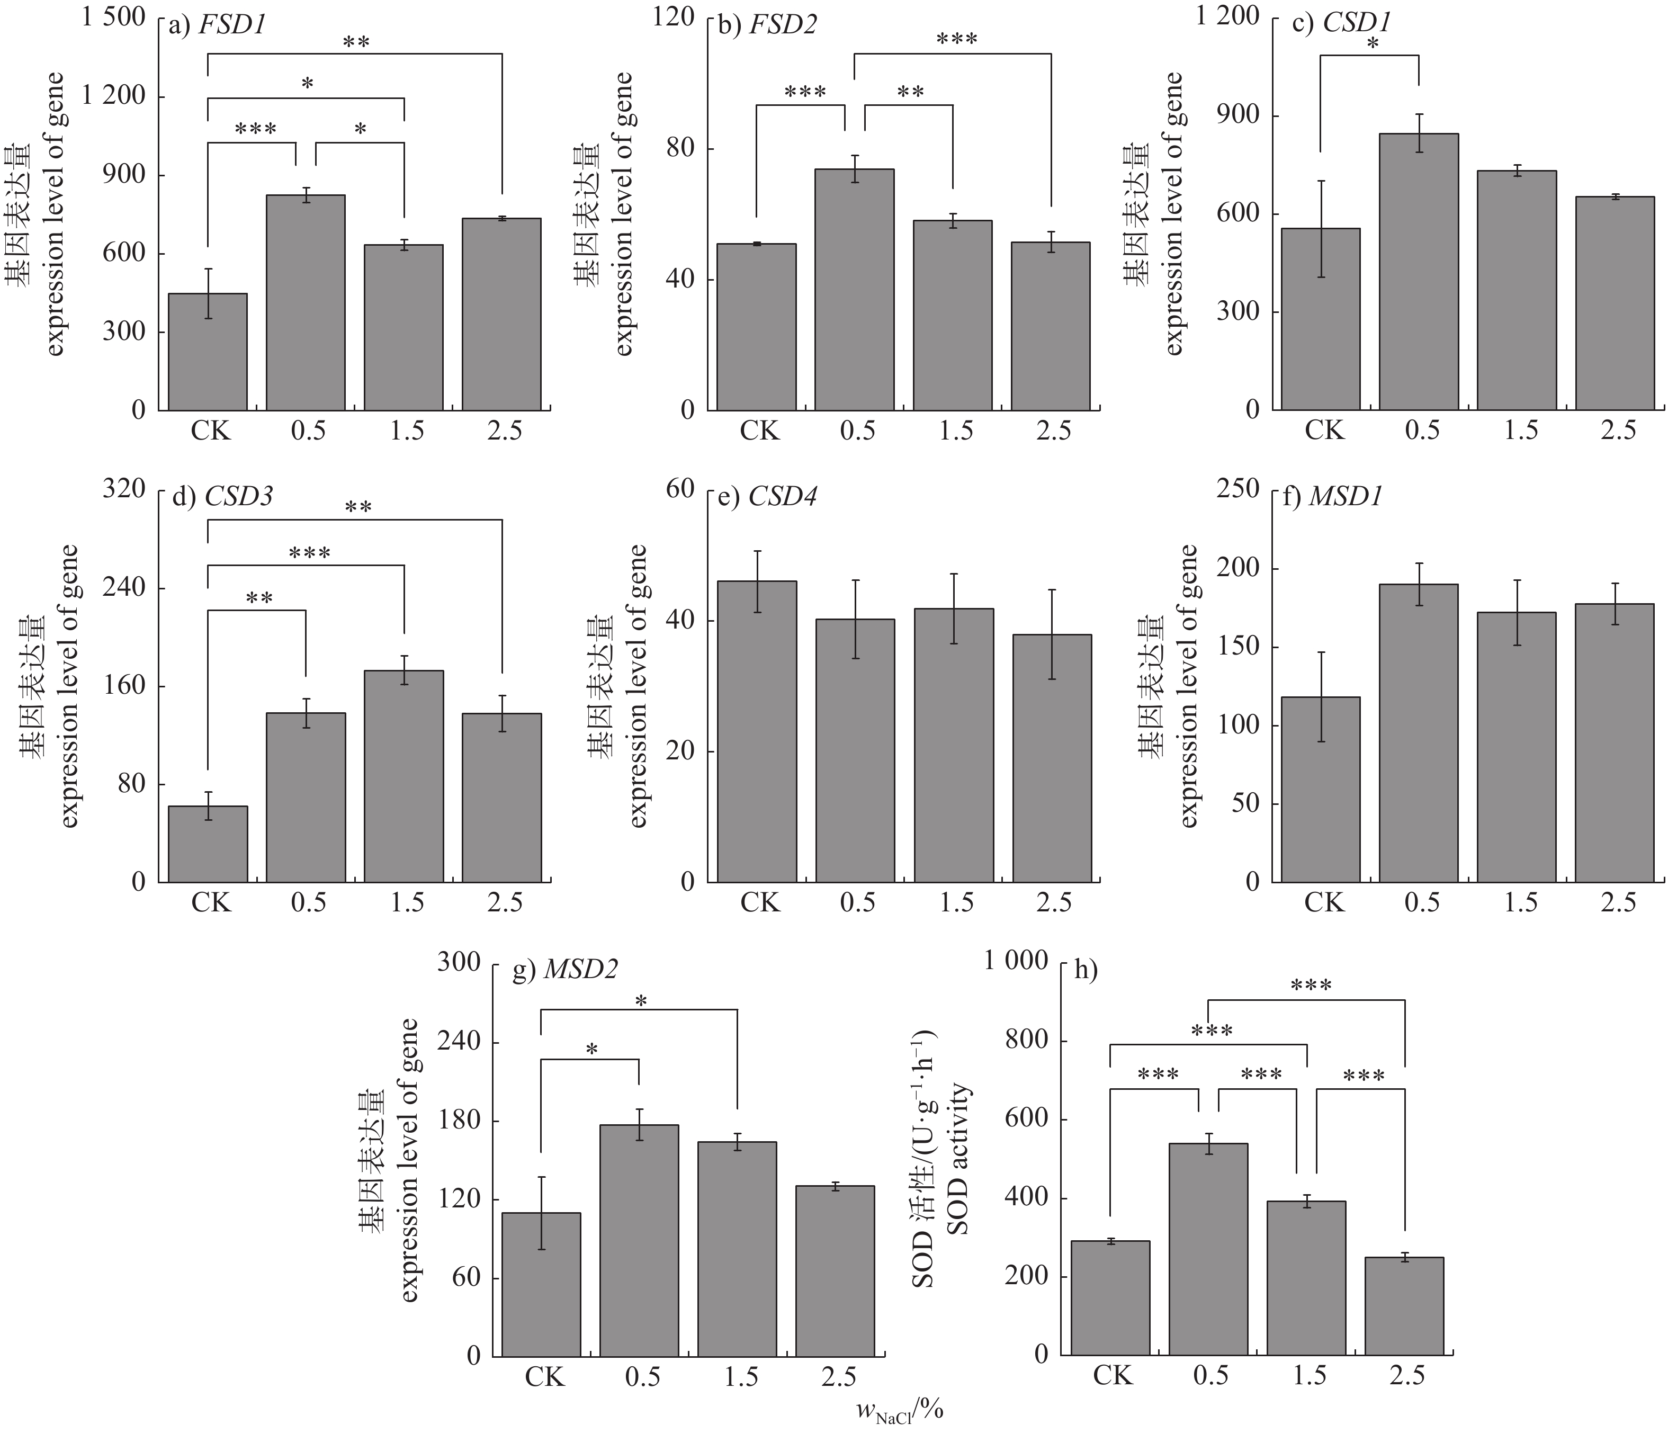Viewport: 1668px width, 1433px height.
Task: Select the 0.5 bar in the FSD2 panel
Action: pos(854,289)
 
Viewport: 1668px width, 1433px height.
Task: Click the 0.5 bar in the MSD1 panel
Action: pos(1419,732)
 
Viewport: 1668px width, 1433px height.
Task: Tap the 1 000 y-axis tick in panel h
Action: pos(1016,961)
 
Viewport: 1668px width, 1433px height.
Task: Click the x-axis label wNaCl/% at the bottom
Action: pos(899,1410)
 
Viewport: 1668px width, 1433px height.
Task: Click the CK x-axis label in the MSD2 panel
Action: pos(545,1377)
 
